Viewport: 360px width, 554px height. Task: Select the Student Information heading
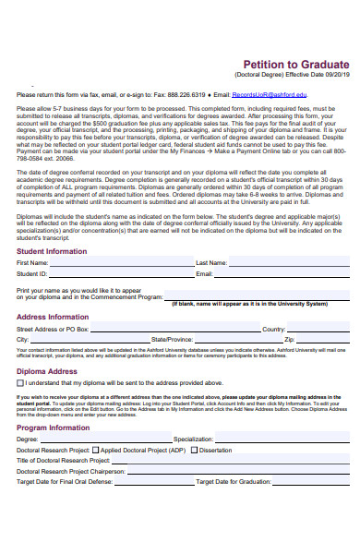53,250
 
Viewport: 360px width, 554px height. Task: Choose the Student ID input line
121,274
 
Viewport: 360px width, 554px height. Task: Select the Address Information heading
53,316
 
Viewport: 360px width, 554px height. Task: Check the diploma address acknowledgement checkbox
20,382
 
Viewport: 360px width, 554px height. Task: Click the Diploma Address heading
47,371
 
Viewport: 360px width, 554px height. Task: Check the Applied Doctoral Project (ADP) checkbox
96,450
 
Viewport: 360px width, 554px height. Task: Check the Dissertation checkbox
195,450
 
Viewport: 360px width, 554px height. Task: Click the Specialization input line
282,440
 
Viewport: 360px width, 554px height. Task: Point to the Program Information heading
53,428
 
